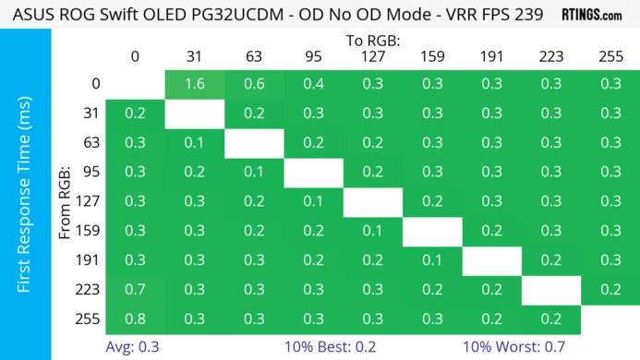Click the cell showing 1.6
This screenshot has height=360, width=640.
click(194, 84)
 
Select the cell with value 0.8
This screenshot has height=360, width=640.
click(135, 319)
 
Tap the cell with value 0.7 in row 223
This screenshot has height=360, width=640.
click(135, 290)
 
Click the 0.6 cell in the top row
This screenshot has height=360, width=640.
click(254, 84)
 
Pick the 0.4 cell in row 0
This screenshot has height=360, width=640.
click(313, 84)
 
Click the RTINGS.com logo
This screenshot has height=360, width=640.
click(591, 15)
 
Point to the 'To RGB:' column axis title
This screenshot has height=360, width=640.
click(373, 41)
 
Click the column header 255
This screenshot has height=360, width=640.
click(610, 56)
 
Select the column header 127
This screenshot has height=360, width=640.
click(373, 56)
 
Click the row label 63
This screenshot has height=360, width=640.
click(92, 143)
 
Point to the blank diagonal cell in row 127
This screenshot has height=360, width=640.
click(373, 202)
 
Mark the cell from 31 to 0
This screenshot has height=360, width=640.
click(135, 114)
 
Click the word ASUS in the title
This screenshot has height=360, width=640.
click(28, 15)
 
